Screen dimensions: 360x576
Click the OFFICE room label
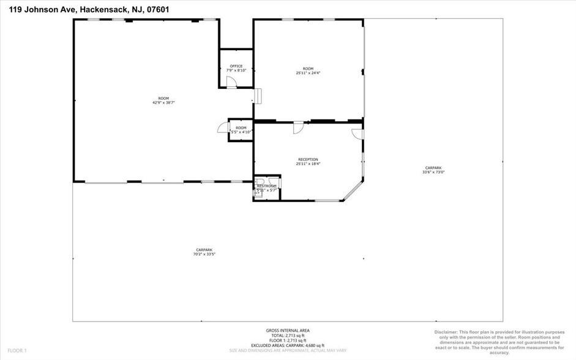pos(236,66)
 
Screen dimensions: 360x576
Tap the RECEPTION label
pos(308,159)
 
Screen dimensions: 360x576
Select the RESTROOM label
pos(267,186)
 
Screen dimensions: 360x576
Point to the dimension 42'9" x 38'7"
pos(163,103)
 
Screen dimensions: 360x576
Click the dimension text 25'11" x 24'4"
pos(308,73)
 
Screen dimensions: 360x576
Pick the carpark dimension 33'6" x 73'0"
pos(433,172)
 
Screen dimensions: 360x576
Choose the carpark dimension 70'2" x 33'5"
pos(204,253)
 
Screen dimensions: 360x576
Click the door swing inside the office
pos(231,82)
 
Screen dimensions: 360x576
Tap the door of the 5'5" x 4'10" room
pos(222,127)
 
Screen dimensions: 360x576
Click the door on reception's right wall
pos(357,133)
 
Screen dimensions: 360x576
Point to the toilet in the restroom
pos(260,182)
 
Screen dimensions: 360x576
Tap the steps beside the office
pos(258,97)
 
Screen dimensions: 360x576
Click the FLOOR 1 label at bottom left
pos(17,350)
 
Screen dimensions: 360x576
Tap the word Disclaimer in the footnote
pos(449,332)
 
